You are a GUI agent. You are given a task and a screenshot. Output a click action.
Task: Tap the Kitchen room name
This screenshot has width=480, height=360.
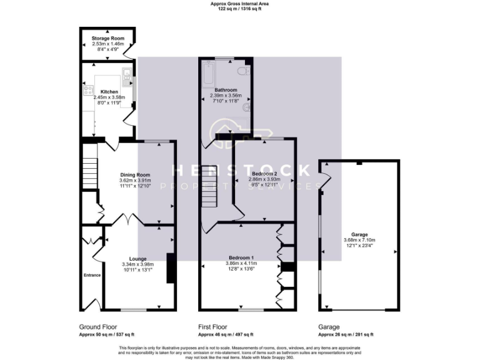109,92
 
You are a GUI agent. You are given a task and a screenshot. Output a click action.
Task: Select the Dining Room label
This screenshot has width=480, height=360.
136,175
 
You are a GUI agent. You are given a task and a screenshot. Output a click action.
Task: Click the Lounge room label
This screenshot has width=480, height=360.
137,258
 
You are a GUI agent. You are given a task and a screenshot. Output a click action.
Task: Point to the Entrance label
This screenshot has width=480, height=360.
92,275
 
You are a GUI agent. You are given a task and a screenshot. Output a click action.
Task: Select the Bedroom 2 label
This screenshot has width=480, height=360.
264,174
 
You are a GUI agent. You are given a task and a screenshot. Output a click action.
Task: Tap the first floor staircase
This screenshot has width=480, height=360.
209,187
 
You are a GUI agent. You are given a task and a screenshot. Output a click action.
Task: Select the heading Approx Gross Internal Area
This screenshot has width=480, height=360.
240,4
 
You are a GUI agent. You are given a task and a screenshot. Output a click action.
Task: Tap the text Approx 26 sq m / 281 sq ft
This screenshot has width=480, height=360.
346,335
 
